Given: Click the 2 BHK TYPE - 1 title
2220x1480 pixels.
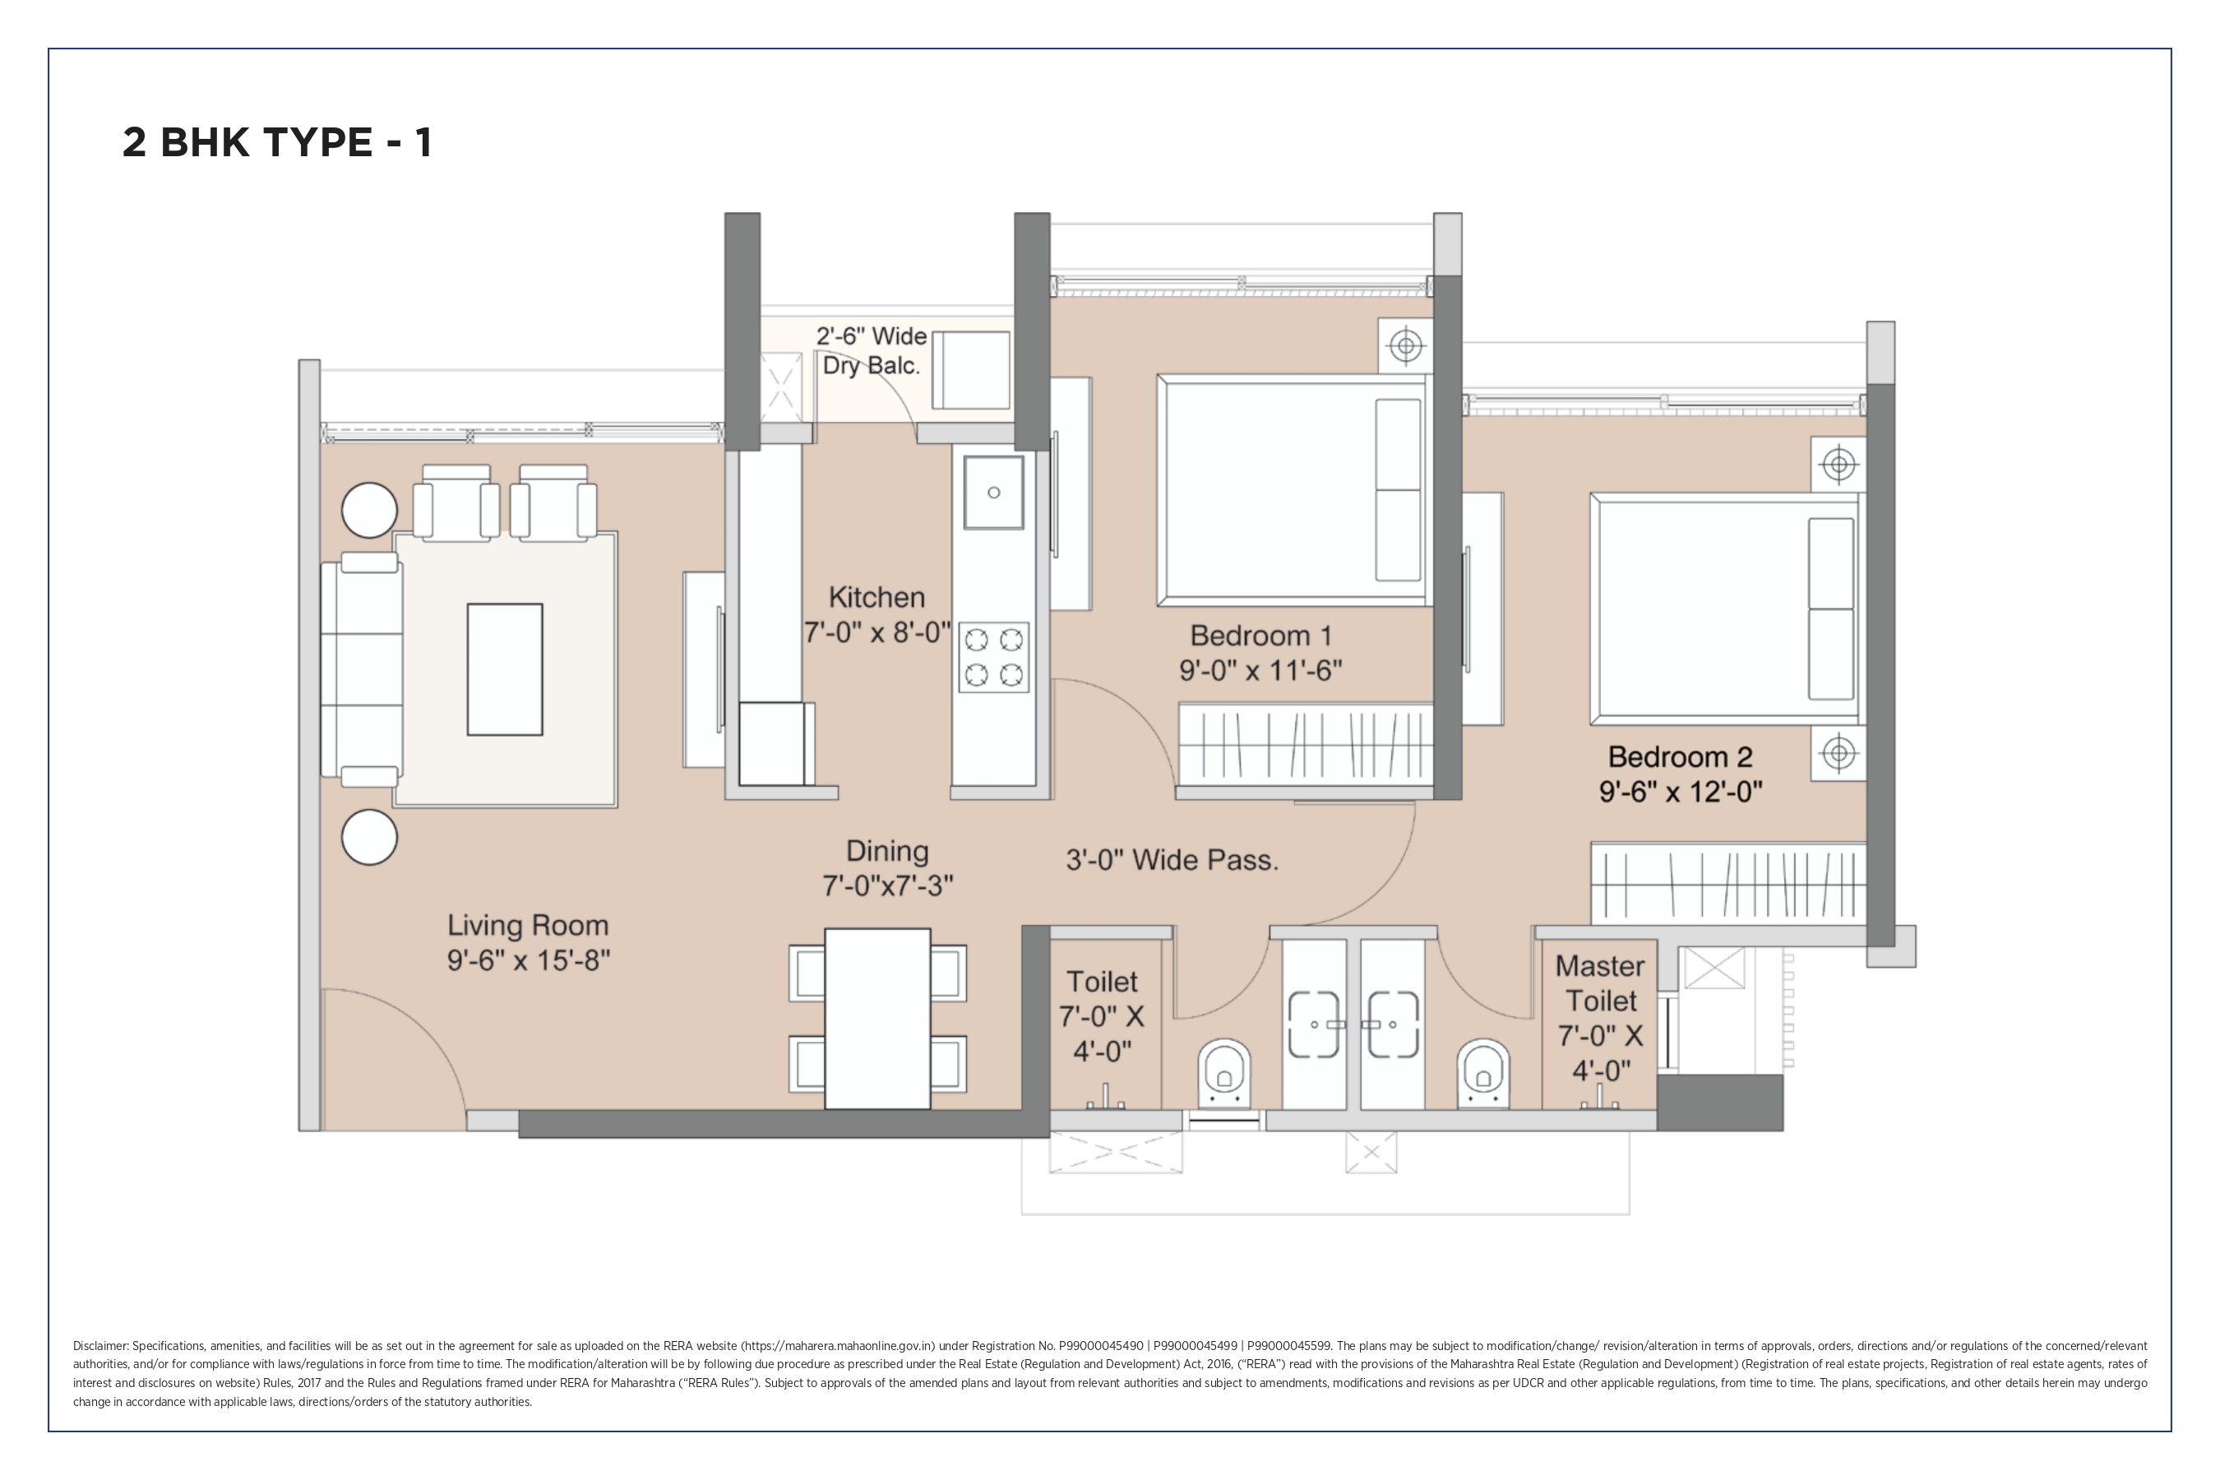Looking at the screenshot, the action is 278,142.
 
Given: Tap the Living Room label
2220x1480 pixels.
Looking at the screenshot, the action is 528,925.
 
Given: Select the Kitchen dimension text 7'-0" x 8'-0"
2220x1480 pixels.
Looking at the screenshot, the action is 876,632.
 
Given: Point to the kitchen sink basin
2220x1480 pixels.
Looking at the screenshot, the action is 993,493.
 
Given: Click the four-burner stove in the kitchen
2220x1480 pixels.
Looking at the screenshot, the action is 994,658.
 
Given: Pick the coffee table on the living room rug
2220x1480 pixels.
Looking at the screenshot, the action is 505,669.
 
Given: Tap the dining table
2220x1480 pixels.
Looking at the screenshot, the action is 878,1019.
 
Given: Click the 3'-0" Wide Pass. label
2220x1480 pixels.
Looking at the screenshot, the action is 1172,860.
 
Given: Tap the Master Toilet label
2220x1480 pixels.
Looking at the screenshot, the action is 1601,983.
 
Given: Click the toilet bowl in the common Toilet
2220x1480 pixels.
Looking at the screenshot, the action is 1224,1072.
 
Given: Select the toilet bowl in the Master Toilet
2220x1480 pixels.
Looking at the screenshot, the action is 1484,1072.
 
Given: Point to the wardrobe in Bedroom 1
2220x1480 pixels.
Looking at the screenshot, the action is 1306,744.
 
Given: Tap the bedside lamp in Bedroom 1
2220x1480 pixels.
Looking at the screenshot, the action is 1406,345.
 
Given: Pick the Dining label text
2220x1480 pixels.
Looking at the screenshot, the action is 887,850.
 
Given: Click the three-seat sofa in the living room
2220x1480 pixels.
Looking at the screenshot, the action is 363,669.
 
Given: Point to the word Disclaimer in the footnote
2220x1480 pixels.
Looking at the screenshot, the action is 101,1346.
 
